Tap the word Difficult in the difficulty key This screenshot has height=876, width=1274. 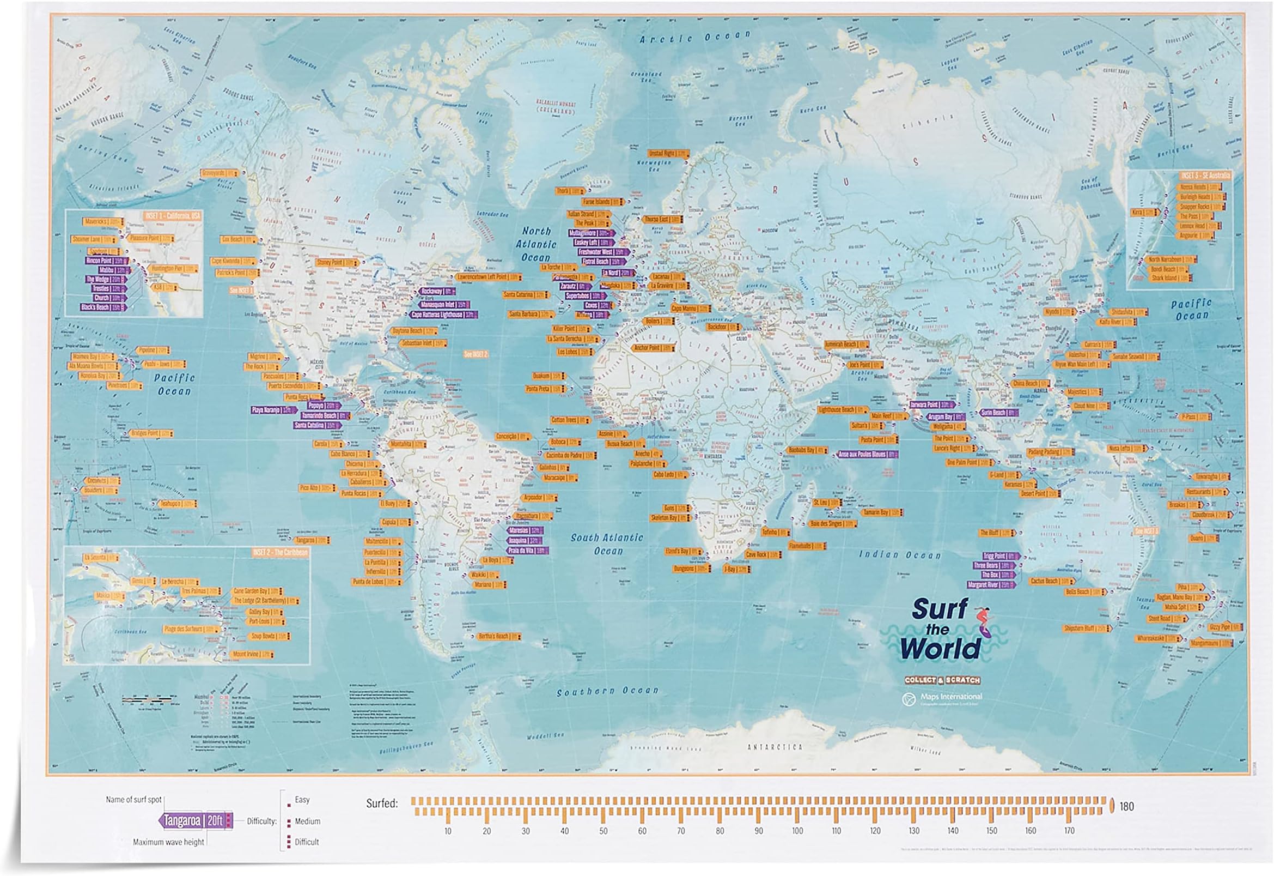click(x=306, y=842)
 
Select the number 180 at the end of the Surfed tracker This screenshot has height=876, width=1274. click(x=1126, y=806)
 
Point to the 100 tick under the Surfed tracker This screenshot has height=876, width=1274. click(x=797, y=831)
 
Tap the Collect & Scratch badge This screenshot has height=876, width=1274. click(x=942, y=680)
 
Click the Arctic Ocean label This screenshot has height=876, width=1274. click(x=695, y=37)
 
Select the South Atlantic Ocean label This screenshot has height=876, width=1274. click(x=607, y=544)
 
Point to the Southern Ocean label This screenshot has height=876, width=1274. click(x=607, y=692)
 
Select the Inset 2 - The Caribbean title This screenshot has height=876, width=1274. click(x=280, y=552)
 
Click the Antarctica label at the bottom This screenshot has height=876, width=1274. click(x=775, y=747)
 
